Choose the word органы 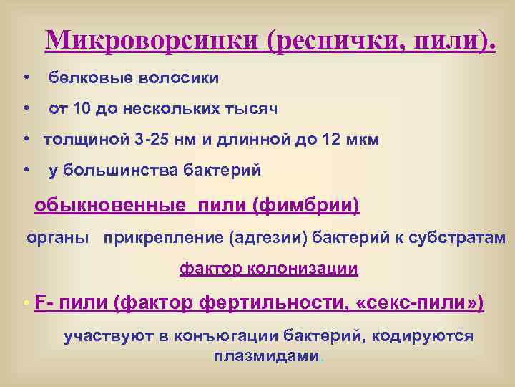click(x=58, y=237)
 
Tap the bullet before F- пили click(x=26, y=304)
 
